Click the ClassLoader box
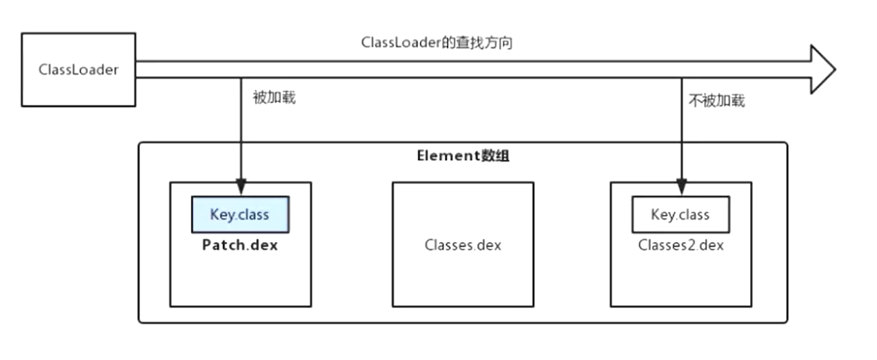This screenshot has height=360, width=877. tap(78, 69)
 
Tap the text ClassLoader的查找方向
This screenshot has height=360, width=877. tap(437, 43)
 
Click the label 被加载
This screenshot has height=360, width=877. tap(274, 97)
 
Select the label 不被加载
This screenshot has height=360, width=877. tap(716, 100)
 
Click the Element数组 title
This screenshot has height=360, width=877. tap(464, 156)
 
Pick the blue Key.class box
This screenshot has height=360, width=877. tap(240, 215)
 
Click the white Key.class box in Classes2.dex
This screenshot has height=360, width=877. tap(680, 215)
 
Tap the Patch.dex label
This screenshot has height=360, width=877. tap(240, 246)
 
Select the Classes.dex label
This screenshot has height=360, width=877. tap(463, 246)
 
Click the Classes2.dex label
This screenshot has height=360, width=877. tap(681, 245)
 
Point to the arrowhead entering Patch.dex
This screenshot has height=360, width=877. tap(240, 186)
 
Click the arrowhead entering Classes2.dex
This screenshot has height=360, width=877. tap(680, 186)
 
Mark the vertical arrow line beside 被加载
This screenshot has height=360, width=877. tap(240, 128)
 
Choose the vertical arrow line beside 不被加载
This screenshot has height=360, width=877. tap(680, 128)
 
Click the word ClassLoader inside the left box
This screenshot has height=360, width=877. tap(78, 70)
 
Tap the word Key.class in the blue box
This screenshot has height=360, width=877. tap(240, 215)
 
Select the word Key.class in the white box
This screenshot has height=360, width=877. tap(680, 215)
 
